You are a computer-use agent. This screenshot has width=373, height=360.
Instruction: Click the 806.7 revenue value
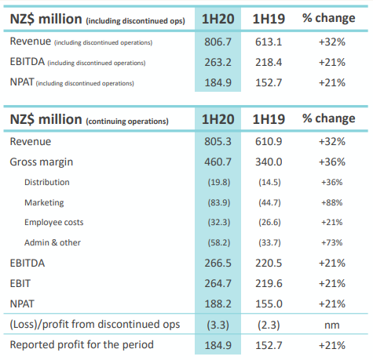(x=218, y=42)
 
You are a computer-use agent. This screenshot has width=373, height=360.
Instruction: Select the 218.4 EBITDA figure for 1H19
(x=269, y=62)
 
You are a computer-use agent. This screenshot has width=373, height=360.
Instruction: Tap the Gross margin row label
(x=42, y=162)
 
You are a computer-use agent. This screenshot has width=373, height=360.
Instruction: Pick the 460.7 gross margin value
(x=218, y=162)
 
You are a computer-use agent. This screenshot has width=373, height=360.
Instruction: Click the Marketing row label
(x=44, y=203)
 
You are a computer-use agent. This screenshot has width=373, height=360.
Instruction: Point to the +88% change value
(x=332, y=202)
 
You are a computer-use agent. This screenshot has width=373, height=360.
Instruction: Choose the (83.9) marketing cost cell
(x=219, y=203)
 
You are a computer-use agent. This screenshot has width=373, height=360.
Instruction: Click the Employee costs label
(x=54, y=223)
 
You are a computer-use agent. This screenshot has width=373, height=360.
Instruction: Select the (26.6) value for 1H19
(x=269, y=223)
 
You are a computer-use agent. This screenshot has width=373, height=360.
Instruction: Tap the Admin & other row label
(x=53, y=242)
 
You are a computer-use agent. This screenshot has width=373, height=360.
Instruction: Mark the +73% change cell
(x=332, y=242)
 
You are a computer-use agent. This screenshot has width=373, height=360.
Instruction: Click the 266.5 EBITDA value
(x=218, y=263)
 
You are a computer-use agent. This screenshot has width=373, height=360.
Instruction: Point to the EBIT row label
(x=20, y=284)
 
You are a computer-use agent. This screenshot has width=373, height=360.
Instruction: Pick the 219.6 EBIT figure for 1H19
(x=269, y=283)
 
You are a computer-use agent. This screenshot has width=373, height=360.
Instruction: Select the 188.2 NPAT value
(x=218, y=304)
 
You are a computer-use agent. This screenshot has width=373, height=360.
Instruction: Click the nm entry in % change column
(x=332, y=325)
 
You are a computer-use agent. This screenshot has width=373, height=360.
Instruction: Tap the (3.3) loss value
(x=218, y=325)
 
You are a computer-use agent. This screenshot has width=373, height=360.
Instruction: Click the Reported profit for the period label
(x=82, y=345)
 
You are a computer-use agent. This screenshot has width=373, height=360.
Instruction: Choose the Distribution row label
(x=47, y=182)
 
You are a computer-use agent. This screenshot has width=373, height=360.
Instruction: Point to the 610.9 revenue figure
(x=269, y=141)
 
